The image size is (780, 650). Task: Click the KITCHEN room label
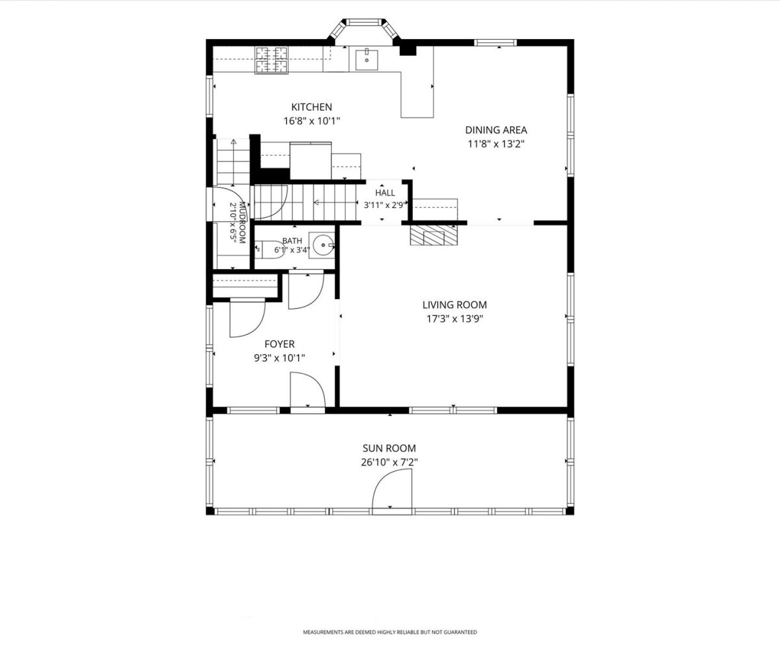click(x=311, y=107)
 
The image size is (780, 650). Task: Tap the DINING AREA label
click(x=496, y=130)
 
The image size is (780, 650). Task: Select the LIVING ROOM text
click(x=454, y=305)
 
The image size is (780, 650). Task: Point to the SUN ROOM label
click(x=389, y=448)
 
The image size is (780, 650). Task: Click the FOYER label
click(x=279, y=344)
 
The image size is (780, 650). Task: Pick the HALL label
click(x=385, y=193)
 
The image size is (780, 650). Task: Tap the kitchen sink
click(x=367, y=59)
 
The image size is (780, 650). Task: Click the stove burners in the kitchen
click(x=272, y=60)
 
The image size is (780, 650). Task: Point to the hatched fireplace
click(x=434, y=235)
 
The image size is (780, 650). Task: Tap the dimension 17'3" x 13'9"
click(x=455, y=319)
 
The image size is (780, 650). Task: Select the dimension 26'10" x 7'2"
click(x=389, y=462)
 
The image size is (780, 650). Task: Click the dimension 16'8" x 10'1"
click(x=312, y=122)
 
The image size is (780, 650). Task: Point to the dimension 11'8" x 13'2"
click(x=497, y=144)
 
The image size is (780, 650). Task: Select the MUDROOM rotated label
click(x=242, y=223)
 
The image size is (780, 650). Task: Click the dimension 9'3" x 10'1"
click(x=279, y=358)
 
